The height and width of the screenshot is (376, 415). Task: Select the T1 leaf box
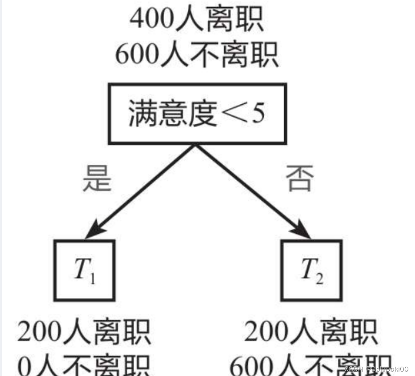pos(85,270)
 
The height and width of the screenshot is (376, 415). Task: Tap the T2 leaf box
pos(311,270)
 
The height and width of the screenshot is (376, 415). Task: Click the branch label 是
pos(96,178)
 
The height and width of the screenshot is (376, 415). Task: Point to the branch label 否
pos(299,178)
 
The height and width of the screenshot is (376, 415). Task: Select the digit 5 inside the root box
pos(256,115)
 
